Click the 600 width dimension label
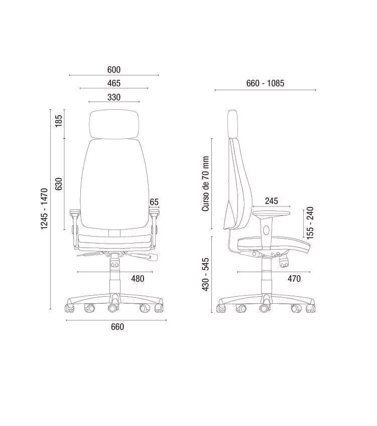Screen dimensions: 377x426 click(x=114, y=70)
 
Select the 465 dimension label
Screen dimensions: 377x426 click(x=114, y=83)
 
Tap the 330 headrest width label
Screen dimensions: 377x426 click(x=114, y=97)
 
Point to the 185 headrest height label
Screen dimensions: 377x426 click(x=59, y=121)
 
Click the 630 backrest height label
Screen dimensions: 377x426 click(x=59, y=184)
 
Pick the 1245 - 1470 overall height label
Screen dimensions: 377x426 click(x=44, y=209)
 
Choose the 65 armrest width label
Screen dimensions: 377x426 click(x=154, y=202)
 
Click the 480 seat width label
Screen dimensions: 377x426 click(x=138, y=279)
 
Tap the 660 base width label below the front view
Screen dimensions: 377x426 click(x=117, y=327)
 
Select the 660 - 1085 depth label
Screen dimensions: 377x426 click(x=265, y=83)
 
